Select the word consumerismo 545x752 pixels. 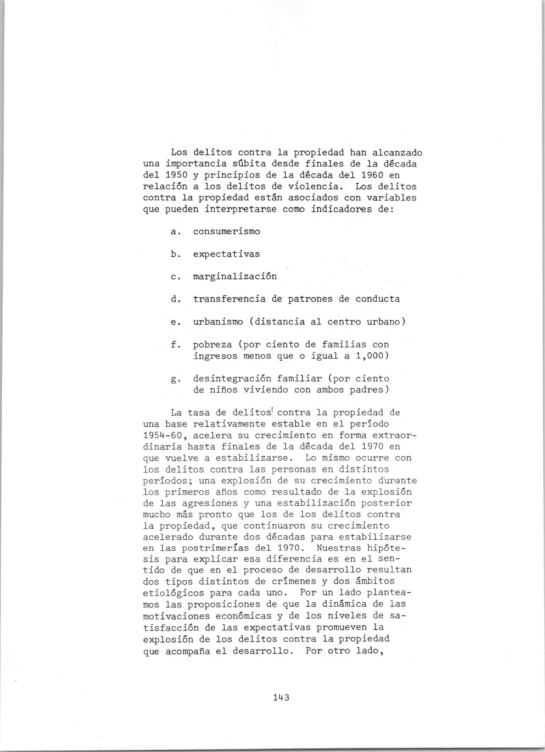click(x=226, y=231)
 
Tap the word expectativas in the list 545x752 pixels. click(x=226, y=254)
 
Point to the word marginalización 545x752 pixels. click(x=235, y=276)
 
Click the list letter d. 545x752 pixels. click(x=174, y=299)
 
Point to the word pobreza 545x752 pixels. click(x=212, y=344)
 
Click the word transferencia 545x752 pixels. click(x=229, y=299)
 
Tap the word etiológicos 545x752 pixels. click(x=173, y=593)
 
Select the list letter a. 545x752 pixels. click(x=174, y=232)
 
